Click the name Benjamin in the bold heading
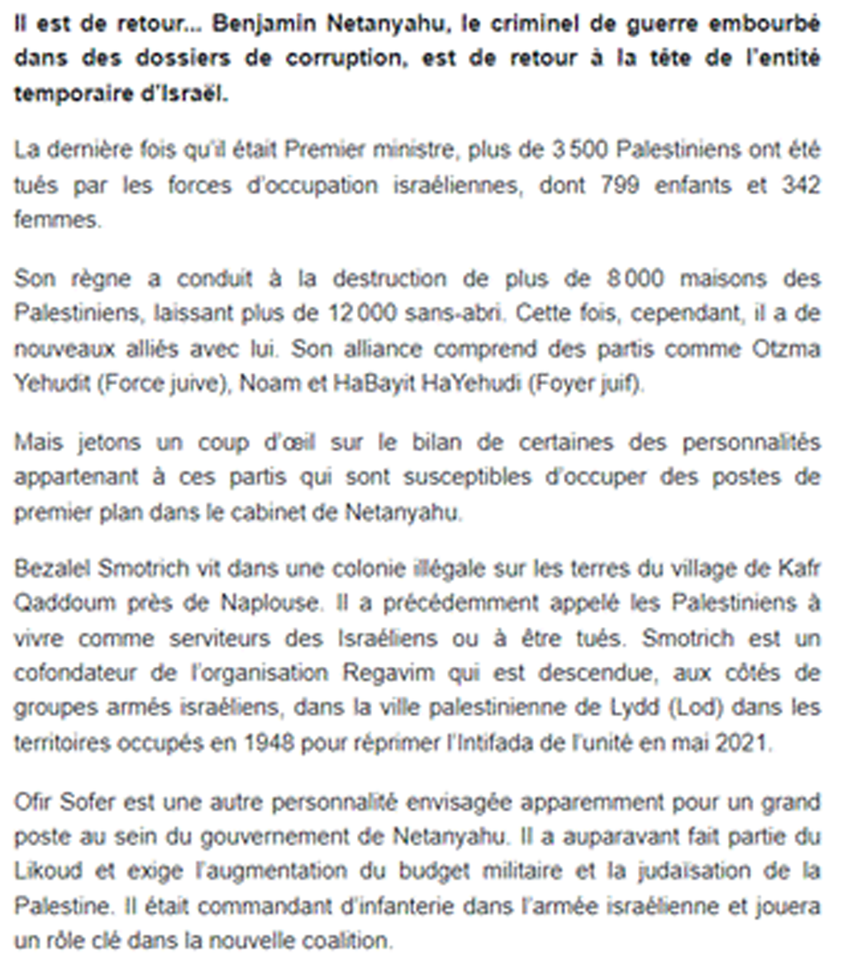tap(255, 25)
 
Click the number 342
tap(801, 186)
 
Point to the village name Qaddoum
tap(55, 603)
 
